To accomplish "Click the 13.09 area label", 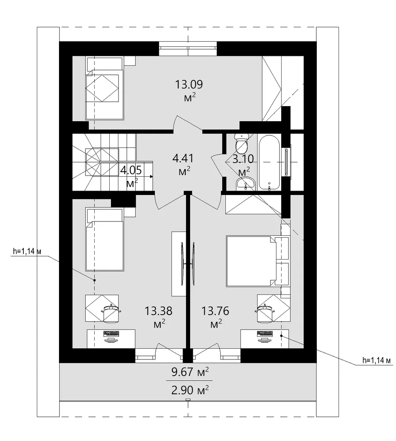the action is point(189,84).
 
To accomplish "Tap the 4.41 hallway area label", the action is point(183,158).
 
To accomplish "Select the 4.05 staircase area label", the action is point(131,170).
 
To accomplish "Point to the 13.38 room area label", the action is point(158,311).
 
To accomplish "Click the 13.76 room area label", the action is point(215,311).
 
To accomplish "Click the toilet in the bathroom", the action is point(242,143).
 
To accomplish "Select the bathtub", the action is point(269,162).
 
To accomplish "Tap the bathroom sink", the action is point(246,183).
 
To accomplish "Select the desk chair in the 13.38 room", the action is point(111,313).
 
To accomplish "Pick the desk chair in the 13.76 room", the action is point(265,313).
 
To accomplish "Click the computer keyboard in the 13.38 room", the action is point(111,334).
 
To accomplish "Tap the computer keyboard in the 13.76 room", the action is point(265,334).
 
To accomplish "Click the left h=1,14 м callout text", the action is point(27,251).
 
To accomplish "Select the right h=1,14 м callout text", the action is point(377,360).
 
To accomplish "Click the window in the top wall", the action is point(188,49).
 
